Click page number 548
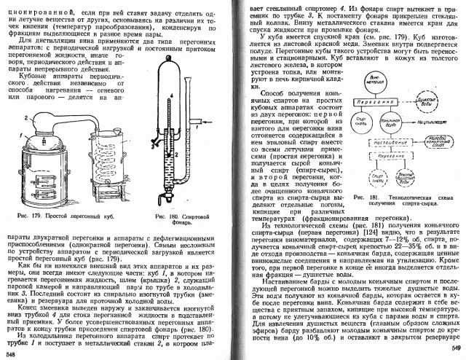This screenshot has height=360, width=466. point(9,353)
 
